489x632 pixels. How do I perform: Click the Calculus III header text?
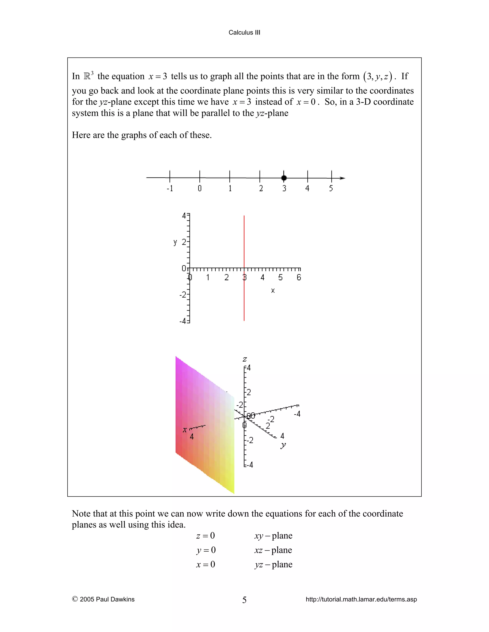244,32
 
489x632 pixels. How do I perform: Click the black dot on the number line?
284,178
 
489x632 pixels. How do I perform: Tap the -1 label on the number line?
170,188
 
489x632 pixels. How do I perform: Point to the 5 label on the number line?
331,188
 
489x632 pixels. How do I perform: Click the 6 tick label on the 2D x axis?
299,278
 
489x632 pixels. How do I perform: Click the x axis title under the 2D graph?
273,290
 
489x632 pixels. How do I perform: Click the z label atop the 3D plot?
245,359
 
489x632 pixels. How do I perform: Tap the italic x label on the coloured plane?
185,430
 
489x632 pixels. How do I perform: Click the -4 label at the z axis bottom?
249,465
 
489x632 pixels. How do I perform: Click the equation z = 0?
205,536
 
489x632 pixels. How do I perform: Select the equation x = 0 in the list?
205,564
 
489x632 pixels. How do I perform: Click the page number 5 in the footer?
244,600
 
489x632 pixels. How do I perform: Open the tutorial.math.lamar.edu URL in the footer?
361,599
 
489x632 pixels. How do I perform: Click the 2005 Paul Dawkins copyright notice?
103,599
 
